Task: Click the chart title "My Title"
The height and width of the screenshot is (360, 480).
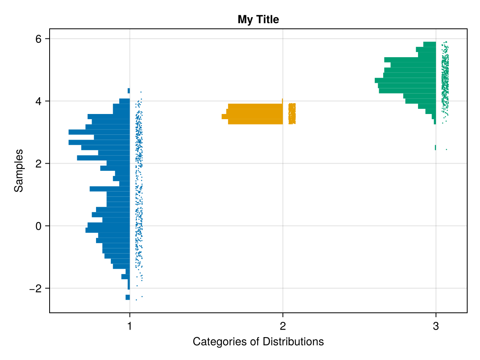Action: pyautogui.click(x=258, y=19)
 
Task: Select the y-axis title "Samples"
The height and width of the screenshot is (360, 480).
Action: pyautogui.click(x=18, y=170)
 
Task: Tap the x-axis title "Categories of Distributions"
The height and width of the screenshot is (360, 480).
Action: pyautogui.click(x=258, y=342)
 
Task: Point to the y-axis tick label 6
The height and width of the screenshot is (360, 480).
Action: pyautogui.click(x=38, y=39)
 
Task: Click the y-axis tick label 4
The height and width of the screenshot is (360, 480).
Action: pyautogui.click(x=38, y=101)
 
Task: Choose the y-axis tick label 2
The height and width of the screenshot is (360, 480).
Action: pyautogui.click(x=38, y=164)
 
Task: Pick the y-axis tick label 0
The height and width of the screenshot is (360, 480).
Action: pyautogui.click(x=38, y=226)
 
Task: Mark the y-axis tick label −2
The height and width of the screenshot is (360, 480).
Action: pyautogui.click(x=36, y=288)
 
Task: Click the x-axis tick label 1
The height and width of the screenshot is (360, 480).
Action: pyautogui.click(x=130, y=326)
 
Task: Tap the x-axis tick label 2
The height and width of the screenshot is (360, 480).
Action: pyautogui.click(x=283, y=326)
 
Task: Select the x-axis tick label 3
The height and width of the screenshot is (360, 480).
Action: pyautogui.click(x=436, y=326)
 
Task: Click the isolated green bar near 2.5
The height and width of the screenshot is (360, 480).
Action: pyautogui.click(x=435, y=148)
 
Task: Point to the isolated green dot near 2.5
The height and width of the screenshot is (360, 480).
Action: pyautogui.click(x=446, y=150)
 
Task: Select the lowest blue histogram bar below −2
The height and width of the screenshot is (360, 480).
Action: pyautogui.click(x=128, y=297)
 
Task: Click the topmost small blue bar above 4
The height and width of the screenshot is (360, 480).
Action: pyautogui.click(x=128, y=91)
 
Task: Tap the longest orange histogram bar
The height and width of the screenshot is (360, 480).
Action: pyautogui.click(x=252, y=116)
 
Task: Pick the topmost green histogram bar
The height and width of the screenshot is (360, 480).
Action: pyautogui.click(x=429, y=44)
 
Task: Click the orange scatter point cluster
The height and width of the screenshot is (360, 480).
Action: pyautogui.click(x=292, y=114)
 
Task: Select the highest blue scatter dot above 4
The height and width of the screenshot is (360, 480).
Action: pyautogui.click(x=141, y=92)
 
